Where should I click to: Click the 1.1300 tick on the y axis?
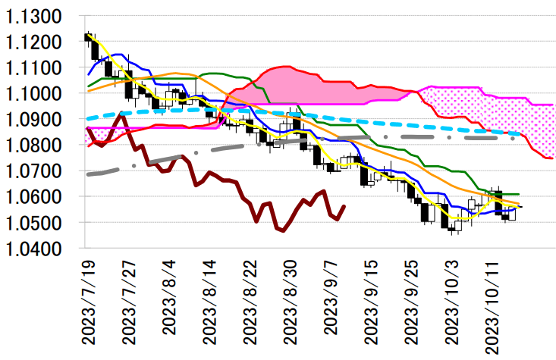(x=41, y=17)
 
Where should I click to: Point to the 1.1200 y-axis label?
(x=41, y=42)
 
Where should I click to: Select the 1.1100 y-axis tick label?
(x=41, y=68)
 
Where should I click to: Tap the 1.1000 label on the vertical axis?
(x=41, y=94)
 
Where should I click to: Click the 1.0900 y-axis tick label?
(x=41, y=120)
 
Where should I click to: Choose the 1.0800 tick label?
(x=41, y=146)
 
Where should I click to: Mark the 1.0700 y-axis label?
(x=41, y=171)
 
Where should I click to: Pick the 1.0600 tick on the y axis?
(x=41, y=197)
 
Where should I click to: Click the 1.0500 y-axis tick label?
(x=41, y=223)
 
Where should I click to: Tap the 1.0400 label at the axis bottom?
(x=41, y=249)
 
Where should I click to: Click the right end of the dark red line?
(x=345, y=205)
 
